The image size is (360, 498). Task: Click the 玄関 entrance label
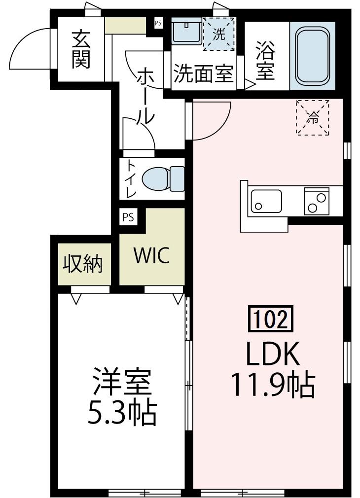80,49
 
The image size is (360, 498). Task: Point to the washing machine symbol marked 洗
218,34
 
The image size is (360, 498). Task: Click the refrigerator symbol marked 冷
312,117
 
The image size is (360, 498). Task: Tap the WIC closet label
151,255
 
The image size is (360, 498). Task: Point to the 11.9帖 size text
272,386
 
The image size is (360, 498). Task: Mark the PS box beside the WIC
128,217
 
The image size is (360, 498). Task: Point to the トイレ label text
131,178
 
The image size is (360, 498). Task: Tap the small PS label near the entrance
158,22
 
